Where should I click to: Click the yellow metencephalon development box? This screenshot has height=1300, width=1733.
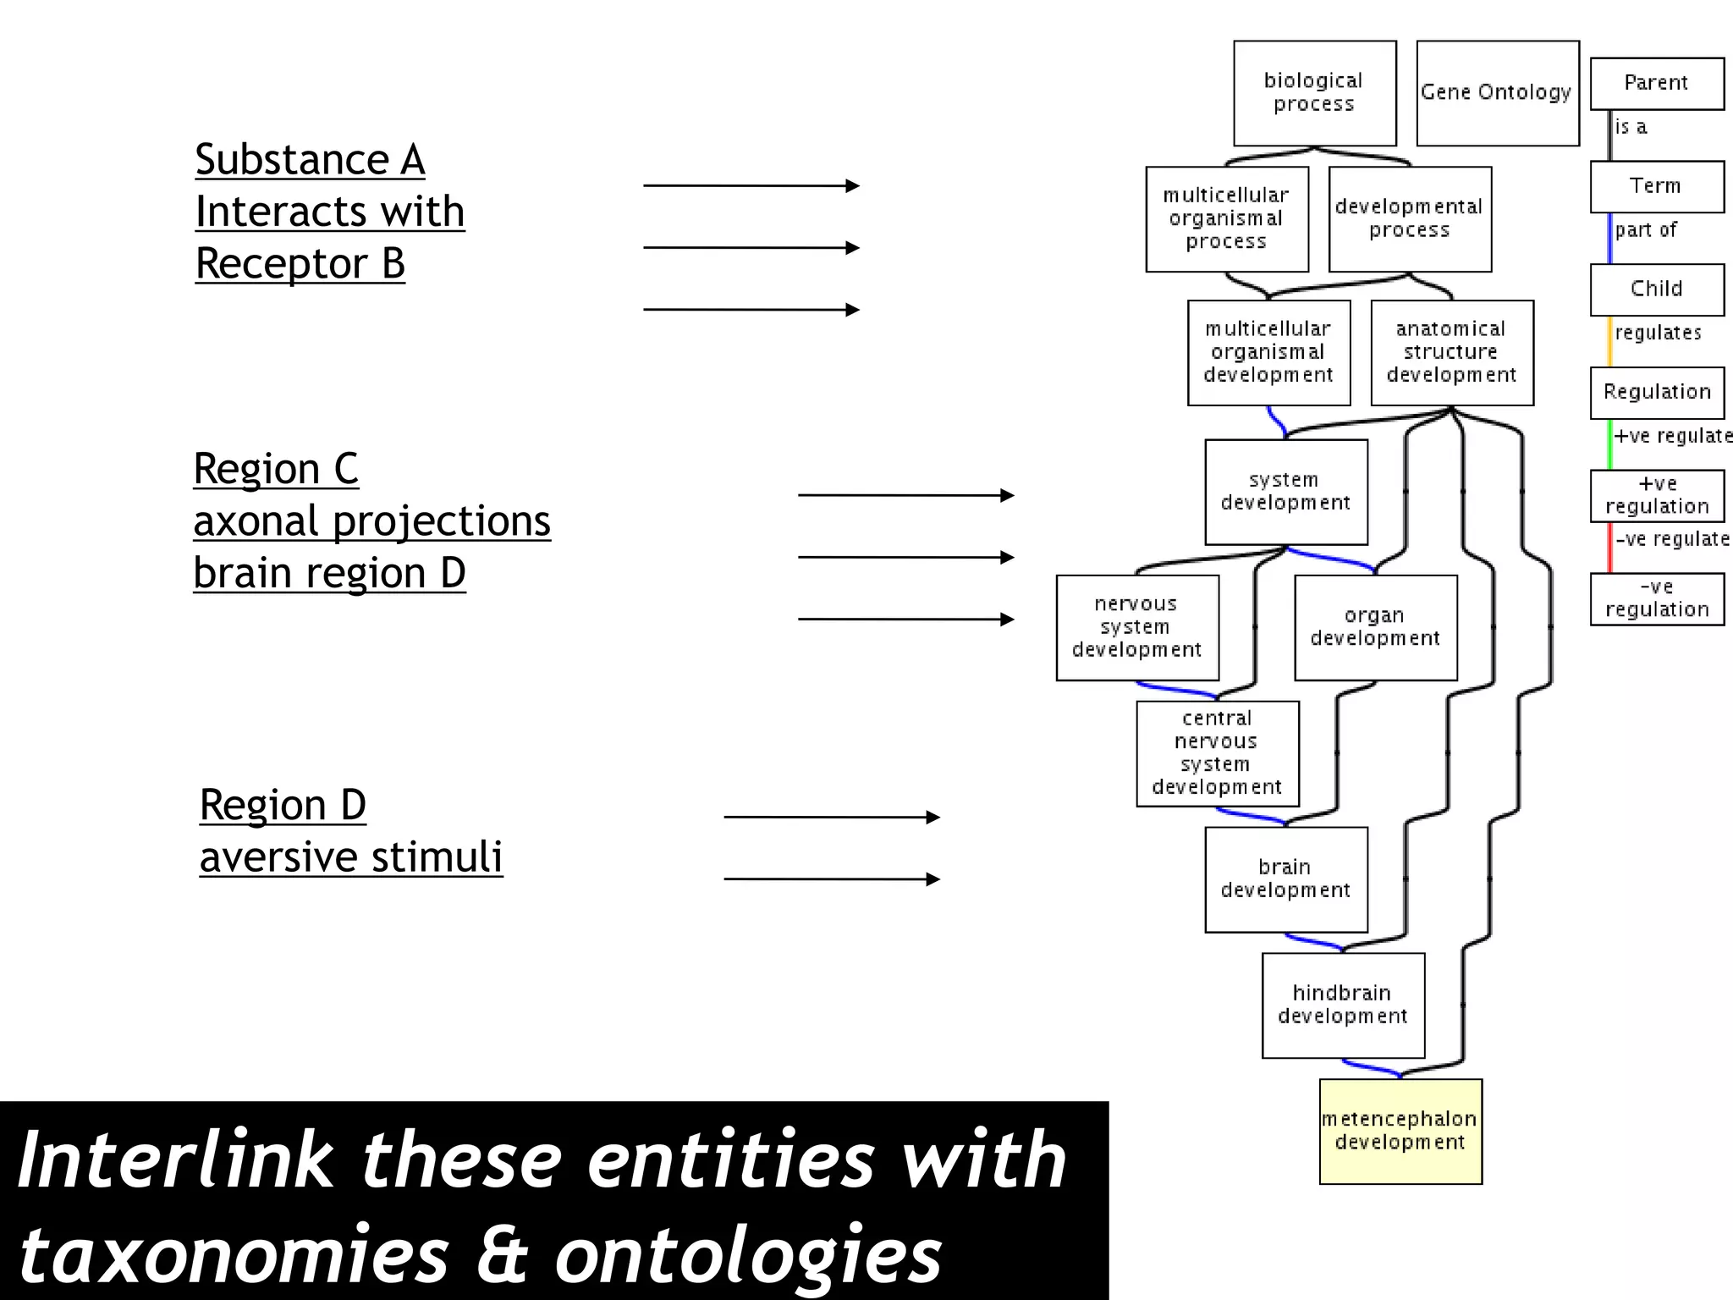[1400, 1131]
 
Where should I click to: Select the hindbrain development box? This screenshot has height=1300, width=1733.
[1343, 1005]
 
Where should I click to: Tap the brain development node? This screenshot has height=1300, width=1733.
[1285, 879]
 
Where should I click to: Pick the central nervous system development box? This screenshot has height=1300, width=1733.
[1217, 753]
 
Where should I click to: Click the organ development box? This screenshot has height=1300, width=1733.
[1375, 627]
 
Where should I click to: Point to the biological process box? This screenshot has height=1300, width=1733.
[1314, 93]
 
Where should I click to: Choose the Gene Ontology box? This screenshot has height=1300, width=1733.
[1497, 93]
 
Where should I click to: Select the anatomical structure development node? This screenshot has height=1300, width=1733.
[1452, 352]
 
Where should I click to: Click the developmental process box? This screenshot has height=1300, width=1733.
[1410, 218]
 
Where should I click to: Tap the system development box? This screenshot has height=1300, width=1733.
[1285, 492]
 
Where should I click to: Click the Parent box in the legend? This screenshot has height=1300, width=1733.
[1656, 83]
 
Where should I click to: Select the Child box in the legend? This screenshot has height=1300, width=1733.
[1656, 289]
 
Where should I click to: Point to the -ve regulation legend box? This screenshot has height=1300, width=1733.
[1656, 598]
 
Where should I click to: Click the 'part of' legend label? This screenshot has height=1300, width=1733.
[1646, 230]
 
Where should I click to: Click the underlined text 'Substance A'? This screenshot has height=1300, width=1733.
[310, 160]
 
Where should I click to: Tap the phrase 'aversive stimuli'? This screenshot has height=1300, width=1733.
[351, 857]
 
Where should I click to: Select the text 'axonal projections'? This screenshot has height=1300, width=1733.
[371, 521]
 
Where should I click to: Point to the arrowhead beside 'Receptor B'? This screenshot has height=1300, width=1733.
[852, 310]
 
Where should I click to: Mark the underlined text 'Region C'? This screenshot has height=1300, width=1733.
[276, 469]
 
